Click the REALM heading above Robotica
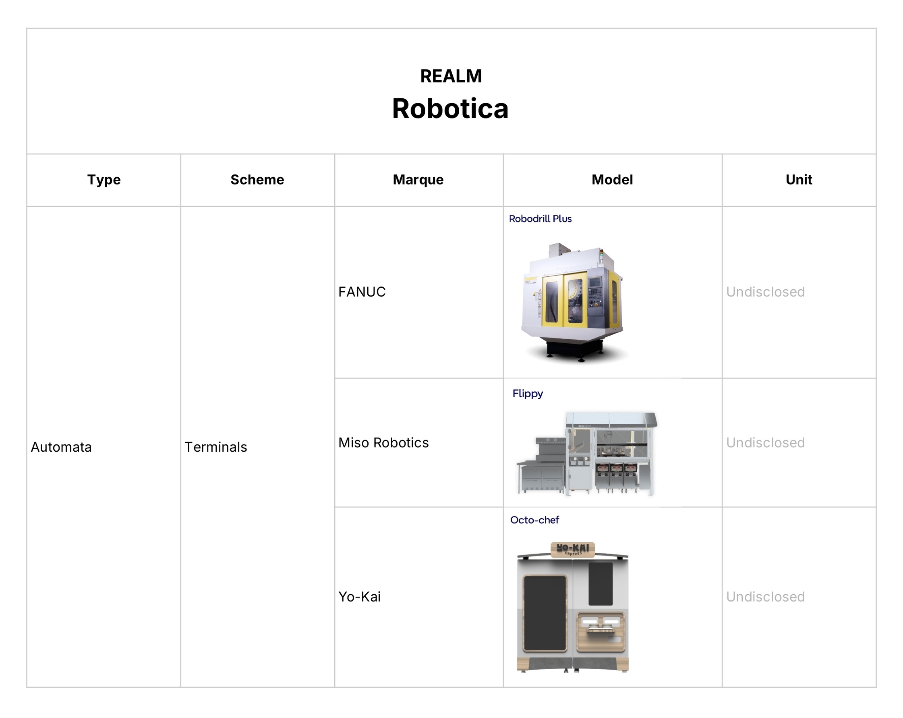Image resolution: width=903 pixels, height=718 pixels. (451, 76)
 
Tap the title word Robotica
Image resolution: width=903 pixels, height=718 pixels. (450, 109)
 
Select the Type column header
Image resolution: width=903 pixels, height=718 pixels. (104, 180)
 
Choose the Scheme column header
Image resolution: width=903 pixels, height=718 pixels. (257, 180)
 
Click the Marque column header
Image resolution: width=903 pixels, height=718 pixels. (418, 180)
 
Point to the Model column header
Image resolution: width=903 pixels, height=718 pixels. (612, 180)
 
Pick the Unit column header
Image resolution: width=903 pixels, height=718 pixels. (799, 180)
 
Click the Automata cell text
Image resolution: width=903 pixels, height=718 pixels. (61, 447)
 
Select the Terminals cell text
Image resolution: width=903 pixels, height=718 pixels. (216, 447)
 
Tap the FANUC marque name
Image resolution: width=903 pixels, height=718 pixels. (362, 292)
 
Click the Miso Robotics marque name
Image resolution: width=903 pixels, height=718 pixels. (383, 443)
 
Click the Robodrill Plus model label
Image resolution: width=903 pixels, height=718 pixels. (540, 219)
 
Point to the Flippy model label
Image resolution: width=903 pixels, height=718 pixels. (527, 393)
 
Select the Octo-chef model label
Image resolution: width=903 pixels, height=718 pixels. (534, 520)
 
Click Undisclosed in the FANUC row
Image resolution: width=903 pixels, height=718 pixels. (765, 292)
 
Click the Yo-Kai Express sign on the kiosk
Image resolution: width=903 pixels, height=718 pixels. (573, 549)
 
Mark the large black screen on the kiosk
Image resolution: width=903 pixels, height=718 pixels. (545, 613)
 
